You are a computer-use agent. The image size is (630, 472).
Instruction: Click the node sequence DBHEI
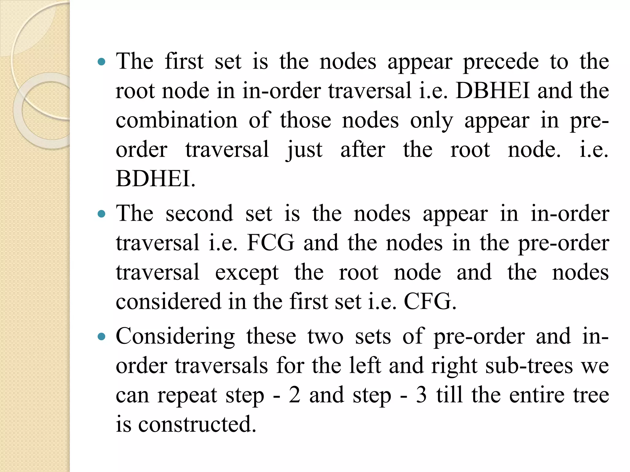[493, 91]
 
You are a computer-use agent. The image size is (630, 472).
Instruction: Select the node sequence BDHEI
[155, 179]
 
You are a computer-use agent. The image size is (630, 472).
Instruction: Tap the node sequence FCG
[270, 243]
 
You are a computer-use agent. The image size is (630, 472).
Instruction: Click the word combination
[177, 120]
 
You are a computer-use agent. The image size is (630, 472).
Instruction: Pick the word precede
[501, 61]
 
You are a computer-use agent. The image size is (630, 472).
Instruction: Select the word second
[199, 213]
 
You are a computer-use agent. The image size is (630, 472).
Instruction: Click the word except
[247, 272]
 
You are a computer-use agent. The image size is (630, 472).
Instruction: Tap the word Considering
[175, 336]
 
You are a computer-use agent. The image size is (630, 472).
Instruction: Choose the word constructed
[197, 424]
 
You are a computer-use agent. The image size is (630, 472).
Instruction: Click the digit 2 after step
[294, 395]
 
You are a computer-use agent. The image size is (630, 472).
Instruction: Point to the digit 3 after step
[421, 395]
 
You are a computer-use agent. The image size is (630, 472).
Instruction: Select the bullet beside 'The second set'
[101, 214]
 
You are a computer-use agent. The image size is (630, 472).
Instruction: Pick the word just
[305, 150]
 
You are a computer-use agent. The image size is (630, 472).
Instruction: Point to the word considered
[168, 301]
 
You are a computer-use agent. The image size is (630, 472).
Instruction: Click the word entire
[537, 395]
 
